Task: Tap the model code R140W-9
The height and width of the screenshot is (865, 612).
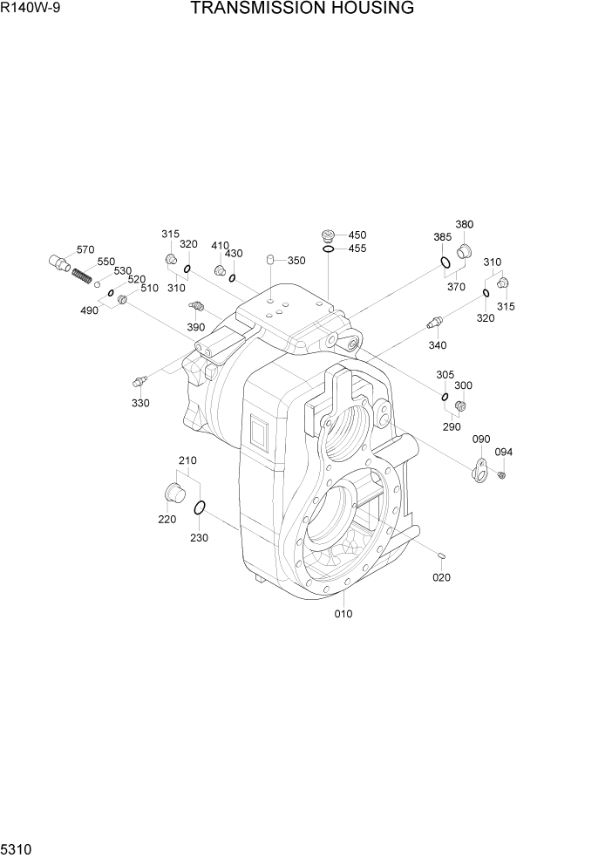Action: (x=25, y=9)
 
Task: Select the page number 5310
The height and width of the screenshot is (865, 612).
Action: (x=17, y=849)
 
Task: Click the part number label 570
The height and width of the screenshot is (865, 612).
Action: (x=85, y=249)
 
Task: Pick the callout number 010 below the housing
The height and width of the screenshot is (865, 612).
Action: (x=343, y=614)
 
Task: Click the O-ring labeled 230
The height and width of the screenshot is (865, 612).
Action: (x=200, y=508)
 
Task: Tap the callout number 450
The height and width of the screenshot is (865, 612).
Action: (x=357, y=235)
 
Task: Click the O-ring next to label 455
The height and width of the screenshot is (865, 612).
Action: (x=328, y=249)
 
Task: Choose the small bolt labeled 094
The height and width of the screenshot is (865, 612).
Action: (x=502, y=474)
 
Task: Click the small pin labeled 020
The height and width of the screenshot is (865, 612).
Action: (x=442, y=555)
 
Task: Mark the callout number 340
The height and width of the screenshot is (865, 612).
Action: (x=437, y=345)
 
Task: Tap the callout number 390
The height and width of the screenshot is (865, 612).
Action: (x=196, y=327)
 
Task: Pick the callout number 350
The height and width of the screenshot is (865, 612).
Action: (x=296, y=261)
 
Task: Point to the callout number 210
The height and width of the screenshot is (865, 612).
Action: (x=187, y=460)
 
